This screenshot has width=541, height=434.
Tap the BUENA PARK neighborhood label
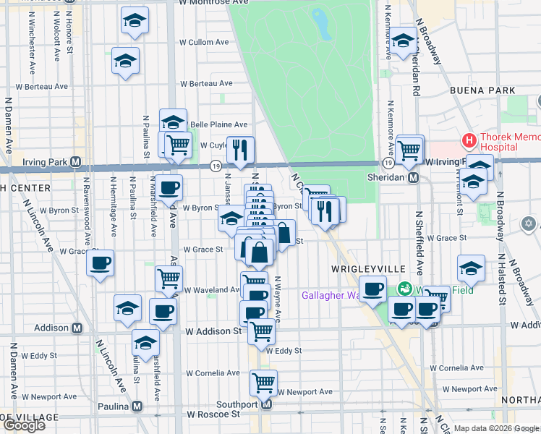click(482, 90)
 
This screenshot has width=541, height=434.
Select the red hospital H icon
click(469, 140)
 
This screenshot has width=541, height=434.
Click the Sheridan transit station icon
click(414, 177)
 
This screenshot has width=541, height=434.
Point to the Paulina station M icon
click(137, 407)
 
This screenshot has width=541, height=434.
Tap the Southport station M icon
click(266, 404)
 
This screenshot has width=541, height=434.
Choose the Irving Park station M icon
click(75, 163)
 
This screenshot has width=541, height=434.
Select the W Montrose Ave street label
click(197, 4)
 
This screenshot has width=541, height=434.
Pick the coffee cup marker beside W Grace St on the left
click(101, 263)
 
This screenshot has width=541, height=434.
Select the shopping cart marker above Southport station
click(263, 381)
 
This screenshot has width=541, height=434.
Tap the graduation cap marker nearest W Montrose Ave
click(135, 21)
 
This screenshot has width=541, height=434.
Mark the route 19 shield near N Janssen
click(216, 166)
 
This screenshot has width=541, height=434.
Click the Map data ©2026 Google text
click(496, 428)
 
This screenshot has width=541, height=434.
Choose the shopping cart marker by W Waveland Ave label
click(169, 278)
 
